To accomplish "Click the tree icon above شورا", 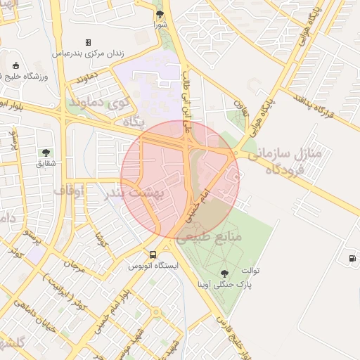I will (x=160, y=13).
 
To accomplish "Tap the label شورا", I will (x=161, y=25).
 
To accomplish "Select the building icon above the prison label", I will (x=88, y=42).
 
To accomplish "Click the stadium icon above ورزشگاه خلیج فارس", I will (x=15, y=65).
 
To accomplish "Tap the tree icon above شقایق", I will (x=46, y=152).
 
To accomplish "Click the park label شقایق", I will (x=46, y=164).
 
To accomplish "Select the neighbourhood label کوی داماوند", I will (x=98, y=103).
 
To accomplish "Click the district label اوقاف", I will (x=68, y=190).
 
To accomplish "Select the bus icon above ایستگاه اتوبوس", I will (x=153, y=255).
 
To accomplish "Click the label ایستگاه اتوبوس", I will (x=153, y=266).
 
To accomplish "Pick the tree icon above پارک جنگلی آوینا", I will (x=224, y=274).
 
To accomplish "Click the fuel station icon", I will (x=352, y=258).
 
